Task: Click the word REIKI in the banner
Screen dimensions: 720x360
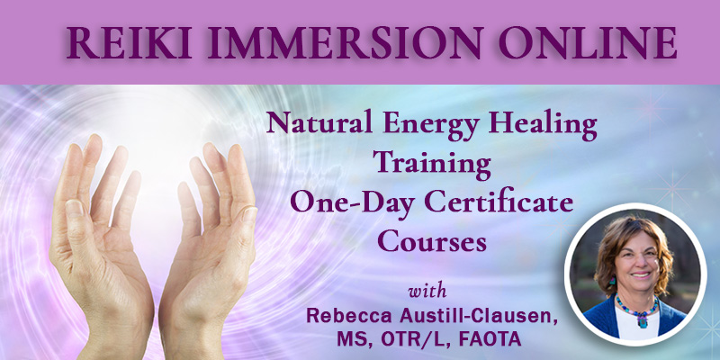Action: [x=129, y=42]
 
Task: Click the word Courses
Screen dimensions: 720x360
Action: [x=432, y=240]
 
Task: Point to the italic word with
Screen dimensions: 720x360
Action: [x=427, y=292]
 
